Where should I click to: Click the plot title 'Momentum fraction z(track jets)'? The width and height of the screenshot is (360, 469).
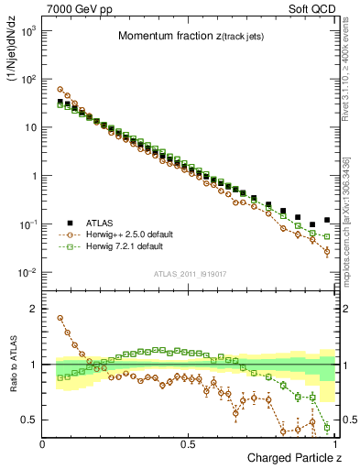(189, 37)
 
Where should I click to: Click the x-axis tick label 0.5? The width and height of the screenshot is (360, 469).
(190, 444)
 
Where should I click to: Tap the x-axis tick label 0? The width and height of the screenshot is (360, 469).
(43, 444)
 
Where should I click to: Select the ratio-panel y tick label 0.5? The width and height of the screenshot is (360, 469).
(27, 420)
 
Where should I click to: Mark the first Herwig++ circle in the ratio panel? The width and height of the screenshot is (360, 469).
(60, 319)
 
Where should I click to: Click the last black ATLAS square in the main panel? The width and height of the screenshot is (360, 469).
(327, 220)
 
